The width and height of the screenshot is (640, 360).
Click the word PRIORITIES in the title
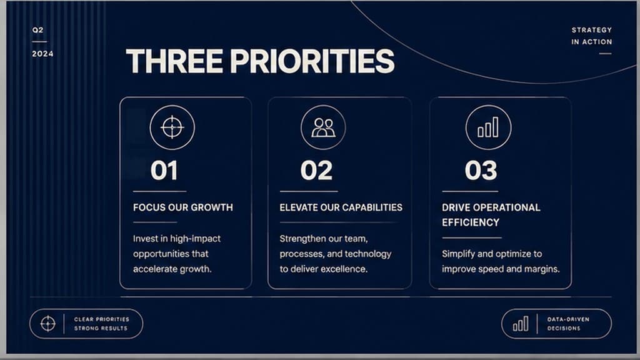pyautogui.click(x=312, y=61)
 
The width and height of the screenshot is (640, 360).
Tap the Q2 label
pyautogui.click(x=38, y=30)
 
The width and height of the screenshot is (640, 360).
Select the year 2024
pyautogui.click(x=43, y=54)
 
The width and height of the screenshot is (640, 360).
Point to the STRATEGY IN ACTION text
pyautogui.click(x=591, y=36)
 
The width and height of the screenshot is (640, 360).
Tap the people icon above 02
pyautogui.click(x=323, y=127)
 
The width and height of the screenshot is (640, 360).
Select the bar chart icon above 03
pyautogui.click(x=488, y=127)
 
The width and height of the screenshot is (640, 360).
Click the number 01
pyautogui.click(x=164, y=170)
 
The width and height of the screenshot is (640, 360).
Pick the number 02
pyautogui.click(x=316, y=170)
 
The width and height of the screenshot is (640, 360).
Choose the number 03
pyautogui.click(x=481, y=170)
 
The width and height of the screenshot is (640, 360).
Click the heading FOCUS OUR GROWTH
pyautogui.click(x=183, y=207)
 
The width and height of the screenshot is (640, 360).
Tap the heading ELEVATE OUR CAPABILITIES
pyautogui.click(x=341, y=207)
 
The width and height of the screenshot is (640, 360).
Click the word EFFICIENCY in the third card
pyautogui.click(x=471, y=222)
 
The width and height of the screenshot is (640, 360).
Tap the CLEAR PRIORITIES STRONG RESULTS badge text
pyautogui.click(x=101, y=324)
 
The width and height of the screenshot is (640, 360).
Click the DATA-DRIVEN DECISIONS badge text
pyautogui.click(x=568, y=324)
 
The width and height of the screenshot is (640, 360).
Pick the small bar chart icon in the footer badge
pyautogui.click(x=521, y=324)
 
